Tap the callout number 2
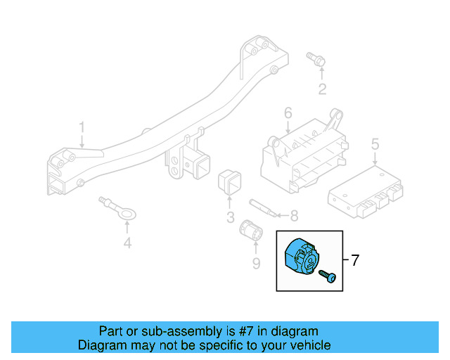[322, 89]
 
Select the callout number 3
[231, 217]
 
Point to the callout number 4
[127, 244]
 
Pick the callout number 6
[288, 113]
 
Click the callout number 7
[355, 261]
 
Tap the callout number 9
[256, 264]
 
